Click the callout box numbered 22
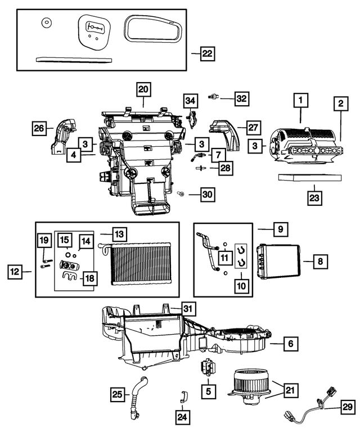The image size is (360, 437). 207,54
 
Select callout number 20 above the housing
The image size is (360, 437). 143,89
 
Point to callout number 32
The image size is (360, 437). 241,99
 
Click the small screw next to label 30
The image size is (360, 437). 181,193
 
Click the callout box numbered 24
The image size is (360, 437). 183,417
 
